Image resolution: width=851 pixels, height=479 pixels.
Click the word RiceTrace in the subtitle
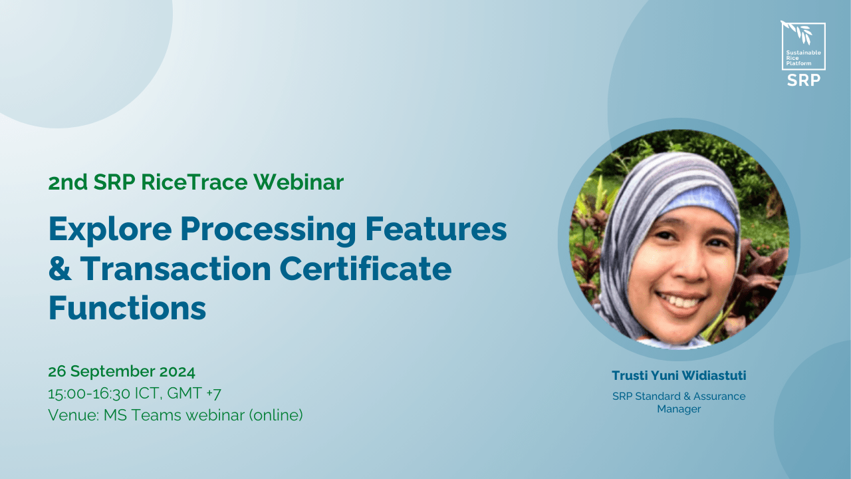click(195, 182)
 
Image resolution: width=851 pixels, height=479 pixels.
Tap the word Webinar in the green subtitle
click(299, 182)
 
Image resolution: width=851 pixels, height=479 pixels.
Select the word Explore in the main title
click(110, 230)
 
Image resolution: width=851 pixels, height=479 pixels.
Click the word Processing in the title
click(268, 230)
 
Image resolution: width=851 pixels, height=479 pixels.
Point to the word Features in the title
click(436, 229)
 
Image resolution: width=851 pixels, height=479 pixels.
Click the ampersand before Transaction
click(60, 268)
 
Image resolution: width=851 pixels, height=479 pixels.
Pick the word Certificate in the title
click(366, 268)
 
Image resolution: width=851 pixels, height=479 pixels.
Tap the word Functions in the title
click(127, 308)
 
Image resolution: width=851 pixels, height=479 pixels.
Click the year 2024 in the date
click(177, 371)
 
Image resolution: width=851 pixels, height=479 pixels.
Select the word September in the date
click(112, 372)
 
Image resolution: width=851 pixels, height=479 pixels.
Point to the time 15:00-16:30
click(89, 393)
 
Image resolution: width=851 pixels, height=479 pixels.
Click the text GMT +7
click(193, 393)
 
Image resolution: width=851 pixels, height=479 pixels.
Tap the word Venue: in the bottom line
click(73, 414)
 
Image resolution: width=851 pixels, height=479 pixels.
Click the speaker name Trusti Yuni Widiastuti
click(679, 376)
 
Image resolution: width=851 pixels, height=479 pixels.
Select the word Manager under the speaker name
click(679, 409)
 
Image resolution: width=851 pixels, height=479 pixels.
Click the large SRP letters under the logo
click(804, 80)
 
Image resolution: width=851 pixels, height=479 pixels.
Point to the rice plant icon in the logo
click(797, 32)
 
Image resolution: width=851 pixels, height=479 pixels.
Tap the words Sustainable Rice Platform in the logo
click(803, 58)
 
